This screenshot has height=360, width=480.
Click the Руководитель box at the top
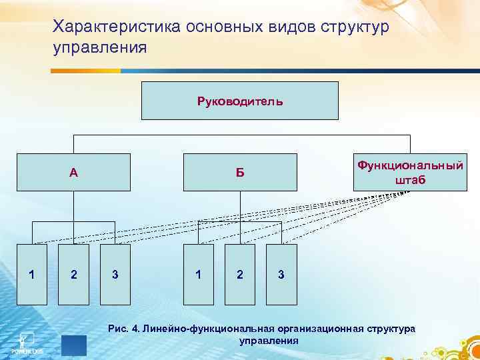point(240,101)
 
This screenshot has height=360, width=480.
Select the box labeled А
point(73,172)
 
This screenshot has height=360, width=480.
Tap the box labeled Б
point(240,172)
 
